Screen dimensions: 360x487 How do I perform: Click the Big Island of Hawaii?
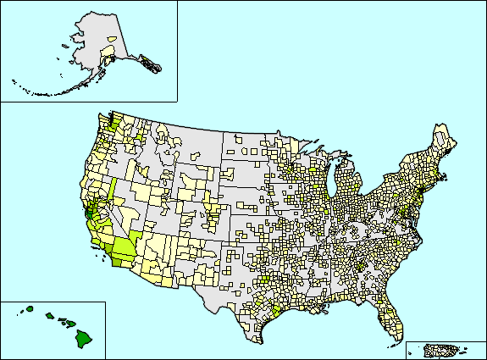tap(85, 339)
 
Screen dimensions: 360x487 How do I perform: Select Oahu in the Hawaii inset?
tap(49, 317)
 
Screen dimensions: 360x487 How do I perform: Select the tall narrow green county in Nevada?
tap(111, 191)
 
